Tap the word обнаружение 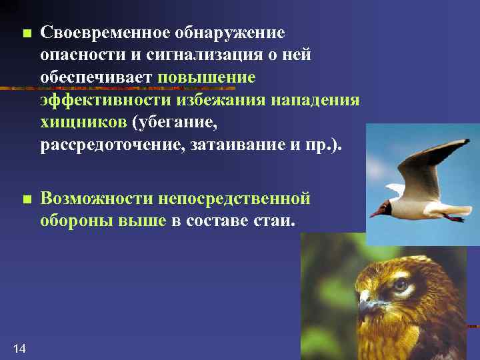click(230, 33)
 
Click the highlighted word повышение click(207, 77)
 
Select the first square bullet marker click(25, 33)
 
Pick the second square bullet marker click(25, 199)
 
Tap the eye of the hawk click(401, 285)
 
